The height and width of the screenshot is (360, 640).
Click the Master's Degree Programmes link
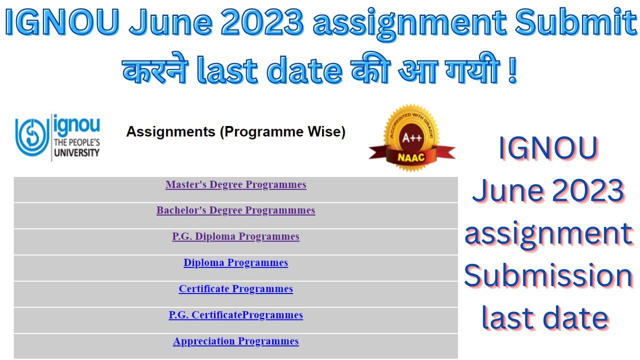235,185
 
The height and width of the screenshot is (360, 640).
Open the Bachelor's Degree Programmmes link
235,210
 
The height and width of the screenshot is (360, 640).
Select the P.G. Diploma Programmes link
235,236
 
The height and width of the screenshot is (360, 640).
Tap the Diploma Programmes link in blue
235,263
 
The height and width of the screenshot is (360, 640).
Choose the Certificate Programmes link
235,289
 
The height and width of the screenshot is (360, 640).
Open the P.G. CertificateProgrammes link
235,315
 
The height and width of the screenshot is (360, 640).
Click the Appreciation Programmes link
235,341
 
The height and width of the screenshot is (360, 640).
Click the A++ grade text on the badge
412,138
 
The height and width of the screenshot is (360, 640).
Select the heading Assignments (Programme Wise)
235,132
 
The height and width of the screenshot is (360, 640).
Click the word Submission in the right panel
548,276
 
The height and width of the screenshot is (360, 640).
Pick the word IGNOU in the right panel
548,148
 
